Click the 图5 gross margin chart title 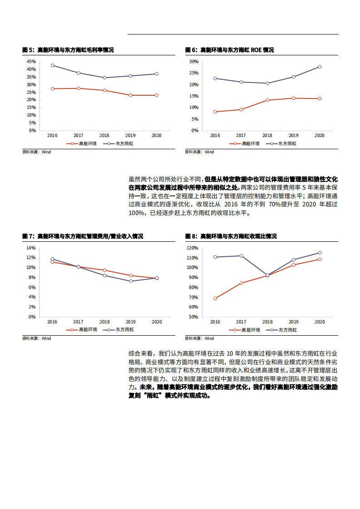point(68,50)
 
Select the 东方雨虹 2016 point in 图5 point(52,65)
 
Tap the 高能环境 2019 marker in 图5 point(130,95)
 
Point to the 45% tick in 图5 point(31,61)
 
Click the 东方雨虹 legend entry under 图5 point(119,143)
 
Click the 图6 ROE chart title point(229,50)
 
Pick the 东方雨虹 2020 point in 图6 point(320,67)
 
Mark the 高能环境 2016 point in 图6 point(215,112)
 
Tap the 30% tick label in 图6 point(194,61)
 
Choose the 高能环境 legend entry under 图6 point(245,143)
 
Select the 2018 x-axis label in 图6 point(267,136)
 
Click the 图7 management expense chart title point(83,236)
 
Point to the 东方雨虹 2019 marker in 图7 point(131,281)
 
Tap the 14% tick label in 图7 point(31,248)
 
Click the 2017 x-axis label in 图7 point(79,322)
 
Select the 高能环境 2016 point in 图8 point(215,299)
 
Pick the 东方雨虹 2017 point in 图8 point(241,256)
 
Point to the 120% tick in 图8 point(192,248)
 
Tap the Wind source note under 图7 point(37,338)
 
